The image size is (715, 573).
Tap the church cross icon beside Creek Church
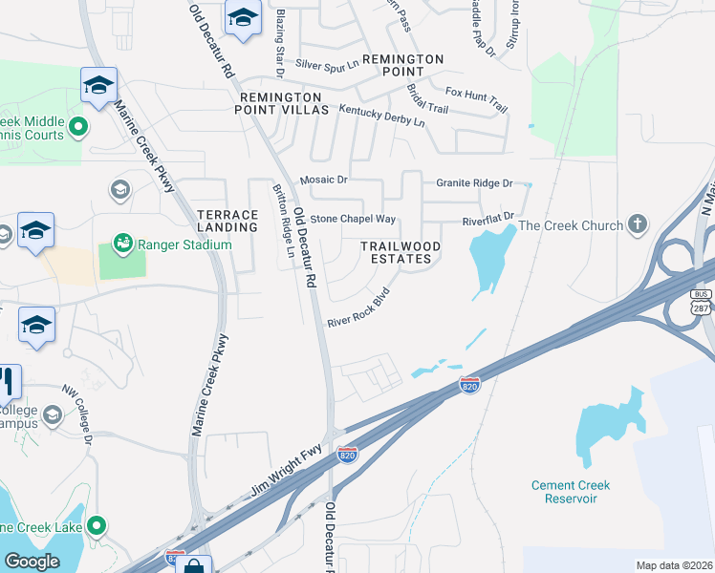pyautogui.click(x=639, y=225)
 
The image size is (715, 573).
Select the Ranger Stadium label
pyautogui.click(x=184, y=244)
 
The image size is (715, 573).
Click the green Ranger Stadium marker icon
pyautogui.click(x=123, y=244)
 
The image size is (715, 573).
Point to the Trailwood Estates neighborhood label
pyautogui.click(x=401, y=252)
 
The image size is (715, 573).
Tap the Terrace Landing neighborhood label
pyautogui.click(x=227, y=221)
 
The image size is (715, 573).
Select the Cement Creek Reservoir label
pyautogui.click(x=571, y=492)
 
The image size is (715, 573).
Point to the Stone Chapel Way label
pyautogui.click(x=353, y=219)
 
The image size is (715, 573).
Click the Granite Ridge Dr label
pyautogui.click(x=474, y=182)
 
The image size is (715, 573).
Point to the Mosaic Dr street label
pyautogui.click(x=323, y=180)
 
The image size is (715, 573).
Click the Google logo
pyautogui.click(x=32, y=562)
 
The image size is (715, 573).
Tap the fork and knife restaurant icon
pyautogui.click(x=7, y=381)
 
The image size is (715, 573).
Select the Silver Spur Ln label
pyautogui.click(x=326, y=64)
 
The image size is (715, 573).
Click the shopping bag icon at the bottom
pyautogui.click(x=194, y=566)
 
